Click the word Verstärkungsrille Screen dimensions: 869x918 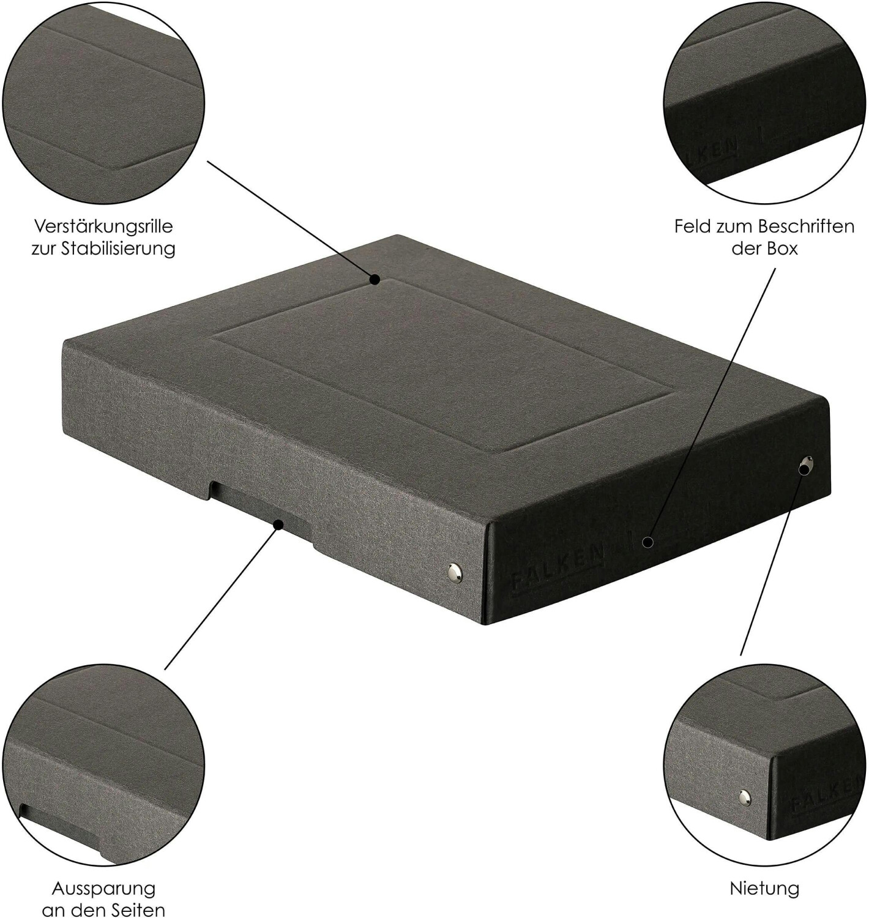tap(103, 226)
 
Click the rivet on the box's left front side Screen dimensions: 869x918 tap(454, 571)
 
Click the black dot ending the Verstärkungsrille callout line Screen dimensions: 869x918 tap(375, 280)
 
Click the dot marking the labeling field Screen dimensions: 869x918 tap(647, 542)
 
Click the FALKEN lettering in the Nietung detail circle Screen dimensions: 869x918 tap(827, 794)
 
